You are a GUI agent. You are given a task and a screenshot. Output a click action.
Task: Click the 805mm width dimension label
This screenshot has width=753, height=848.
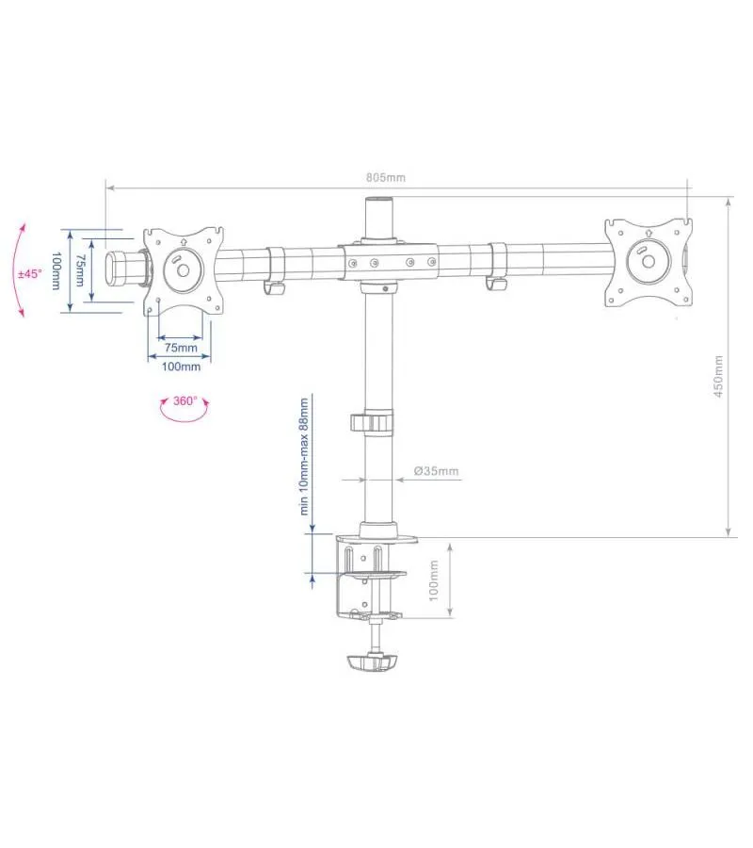coord(386,177)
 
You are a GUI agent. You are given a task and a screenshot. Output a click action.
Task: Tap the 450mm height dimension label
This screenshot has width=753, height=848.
coord(718,376)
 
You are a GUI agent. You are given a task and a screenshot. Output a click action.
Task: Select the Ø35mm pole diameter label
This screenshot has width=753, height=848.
coord(437,470)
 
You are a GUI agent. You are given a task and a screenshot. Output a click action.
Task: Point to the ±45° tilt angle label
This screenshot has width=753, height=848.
coord(30,273)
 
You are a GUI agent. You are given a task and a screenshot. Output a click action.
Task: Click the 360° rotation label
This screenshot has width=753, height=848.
coord(184,400)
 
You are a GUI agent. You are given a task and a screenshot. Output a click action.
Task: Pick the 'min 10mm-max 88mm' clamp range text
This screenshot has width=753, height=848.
coord(304,456)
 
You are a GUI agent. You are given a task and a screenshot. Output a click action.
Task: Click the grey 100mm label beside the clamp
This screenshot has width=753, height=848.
coord(434,580)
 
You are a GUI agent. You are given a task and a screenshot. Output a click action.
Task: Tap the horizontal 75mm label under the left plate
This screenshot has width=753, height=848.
coord(181,347)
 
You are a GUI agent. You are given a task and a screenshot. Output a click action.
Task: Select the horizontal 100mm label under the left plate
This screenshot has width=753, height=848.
coord(181,367)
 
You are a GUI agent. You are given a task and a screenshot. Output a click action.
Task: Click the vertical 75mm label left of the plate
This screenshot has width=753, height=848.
coord(80,270)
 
